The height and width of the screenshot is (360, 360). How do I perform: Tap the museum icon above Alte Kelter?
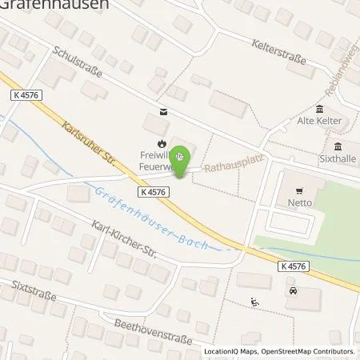tap(320, 109)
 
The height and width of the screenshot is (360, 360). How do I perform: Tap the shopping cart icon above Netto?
tap(300, 191)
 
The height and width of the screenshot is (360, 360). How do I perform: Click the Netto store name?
tap(300, 203)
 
